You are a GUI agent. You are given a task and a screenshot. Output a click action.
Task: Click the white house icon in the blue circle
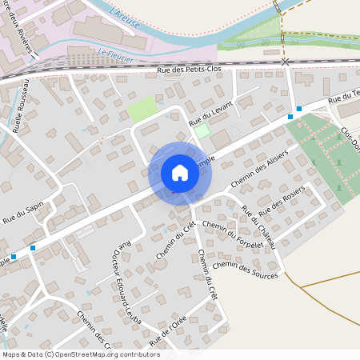(179, 173)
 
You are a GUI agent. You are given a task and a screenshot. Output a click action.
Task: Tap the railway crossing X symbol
(286, 62)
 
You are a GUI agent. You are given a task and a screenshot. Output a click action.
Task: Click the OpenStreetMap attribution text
(80, 354)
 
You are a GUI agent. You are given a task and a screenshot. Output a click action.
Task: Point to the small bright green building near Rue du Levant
(202, 130)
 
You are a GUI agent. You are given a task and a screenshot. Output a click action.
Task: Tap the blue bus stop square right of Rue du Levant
(299, 108)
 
